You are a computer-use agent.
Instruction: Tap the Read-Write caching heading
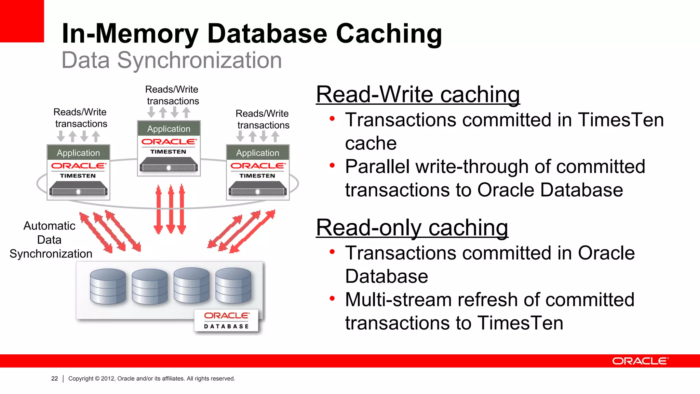(418, 94)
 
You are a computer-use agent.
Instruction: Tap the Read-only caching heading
(412, 228)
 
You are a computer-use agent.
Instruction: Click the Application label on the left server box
(78, 153)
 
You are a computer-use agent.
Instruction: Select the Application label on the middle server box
(169, 129)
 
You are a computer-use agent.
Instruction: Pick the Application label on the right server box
(258, 153)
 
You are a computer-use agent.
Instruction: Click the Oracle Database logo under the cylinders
(226, 320)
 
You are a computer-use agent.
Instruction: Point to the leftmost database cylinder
(108, 287)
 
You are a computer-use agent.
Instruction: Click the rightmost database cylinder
(233, 286)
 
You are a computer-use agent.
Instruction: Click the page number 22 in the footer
(54, 379)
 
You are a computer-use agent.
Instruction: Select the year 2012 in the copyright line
(108, 379)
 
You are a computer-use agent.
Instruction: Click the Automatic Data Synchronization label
(50, 240)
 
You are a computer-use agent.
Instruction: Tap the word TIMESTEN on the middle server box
(168, 152)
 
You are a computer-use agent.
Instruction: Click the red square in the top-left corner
(22, 21)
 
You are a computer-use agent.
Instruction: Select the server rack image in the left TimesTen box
(78, 188)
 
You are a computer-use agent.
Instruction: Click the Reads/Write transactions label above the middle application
(172, 95)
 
